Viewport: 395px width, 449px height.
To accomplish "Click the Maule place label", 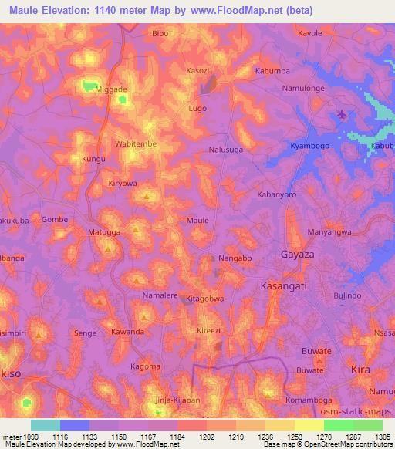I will coord(198,221).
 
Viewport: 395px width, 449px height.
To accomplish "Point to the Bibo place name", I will coord(160,34).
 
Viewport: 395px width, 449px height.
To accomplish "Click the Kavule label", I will coord(309,34).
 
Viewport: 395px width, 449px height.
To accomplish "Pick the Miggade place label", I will coord(110,89).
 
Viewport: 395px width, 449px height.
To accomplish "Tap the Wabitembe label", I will coord(136,144).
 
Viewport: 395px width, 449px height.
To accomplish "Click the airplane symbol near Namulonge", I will coord(342,116).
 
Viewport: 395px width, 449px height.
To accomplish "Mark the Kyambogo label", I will coord(309,146).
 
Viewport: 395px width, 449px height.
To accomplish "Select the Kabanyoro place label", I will coord(277,195).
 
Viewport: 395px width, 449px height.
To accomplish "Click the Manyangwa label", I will coord(329,231).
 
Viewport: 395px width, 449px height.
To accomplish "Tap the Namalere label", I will coord(160,295).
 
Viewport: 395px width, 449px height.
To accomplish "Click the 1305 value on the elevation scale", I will coord(383,437).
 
